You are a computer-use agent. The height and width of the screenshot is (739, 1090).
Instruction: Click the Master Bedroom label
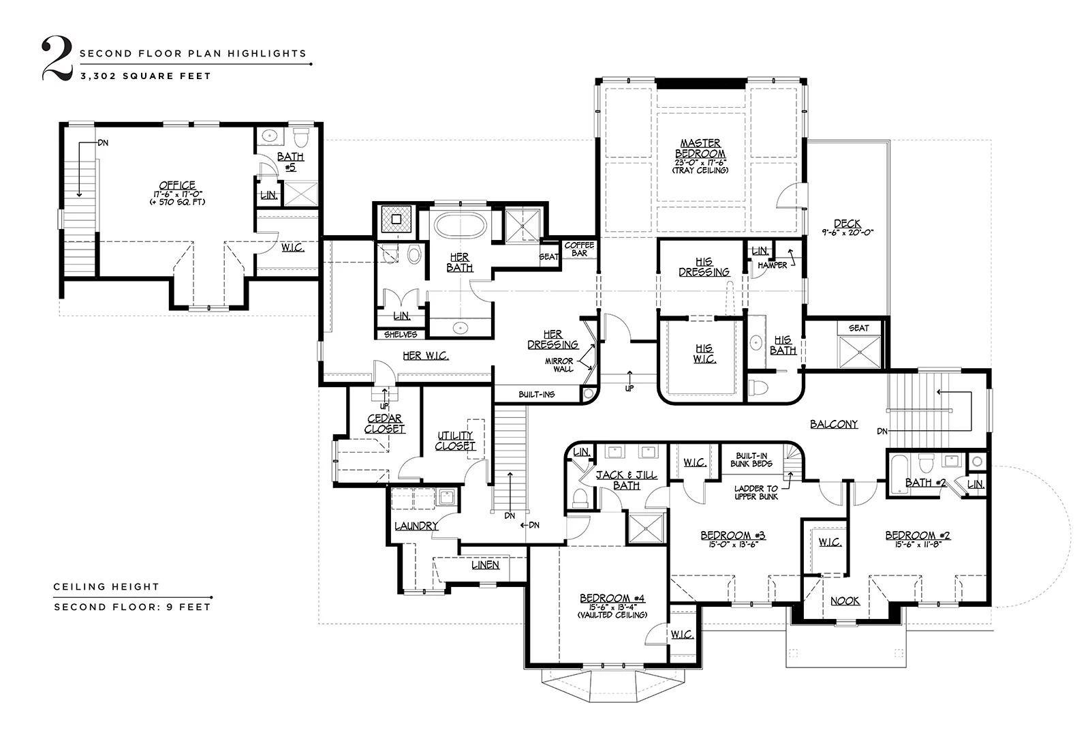coord(700,148)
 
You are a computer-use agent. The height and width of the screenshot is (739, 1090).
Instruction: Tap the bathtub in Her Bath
coord(460,226)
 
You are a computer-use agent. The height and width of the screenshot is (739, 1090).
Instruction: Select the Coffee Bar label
coord(579,249)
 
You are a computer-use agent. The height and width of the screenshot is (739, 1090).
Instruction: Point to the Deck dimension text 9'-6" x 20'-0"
coord(847,232)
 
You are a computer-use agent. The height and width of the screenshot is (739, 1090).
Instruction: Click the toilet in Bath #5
coord(301,137)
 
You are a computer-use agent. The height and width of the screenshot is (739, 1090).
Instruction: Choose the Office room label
coord(177,185)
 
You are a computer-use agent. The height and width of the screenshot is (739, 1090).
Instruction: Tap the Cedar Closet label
coord(384,423)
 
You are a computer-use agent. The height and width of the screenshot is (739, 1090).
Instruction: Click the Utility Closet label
coord(455,440)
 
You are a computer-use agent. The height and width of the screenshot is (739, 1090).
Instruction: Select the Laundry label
coord(416,526)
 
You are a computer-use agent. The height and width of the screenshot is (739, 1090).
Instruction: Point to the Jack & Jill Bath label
coord(627,480)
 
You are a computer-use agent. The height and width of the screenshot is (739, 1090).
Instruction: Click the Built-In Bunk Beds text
coord(751,459)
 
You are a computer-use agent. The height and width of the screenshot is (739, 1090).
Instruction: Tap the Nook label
coord(845,601)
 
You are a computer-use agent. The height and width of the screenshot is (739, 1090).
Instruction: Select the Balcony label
coord(834,424)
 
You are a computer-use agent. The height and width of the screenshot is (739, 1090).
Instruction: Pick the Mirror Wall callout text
coord(559,365)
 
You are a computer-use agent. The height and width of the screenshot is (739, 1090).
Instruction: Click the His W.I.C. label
coord(704,353)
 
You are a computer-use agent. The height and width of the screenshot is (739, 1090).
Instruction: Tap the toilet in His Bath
coord(759,387)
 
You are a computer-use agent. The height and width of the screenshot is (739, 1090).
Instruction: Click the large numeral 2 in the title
coord(57,58)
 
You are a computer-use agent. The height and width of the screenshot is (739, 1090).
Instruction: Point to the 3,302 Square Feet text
coord(146,76)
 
